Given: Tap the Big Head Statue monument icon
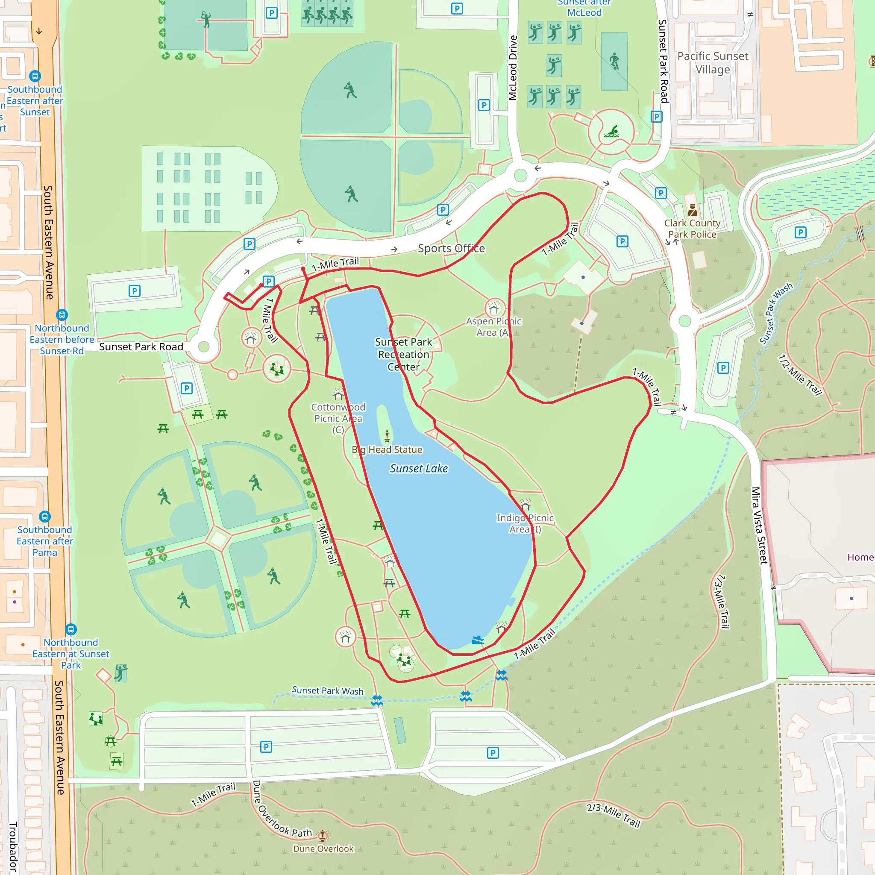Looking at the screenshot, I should click(387, 436).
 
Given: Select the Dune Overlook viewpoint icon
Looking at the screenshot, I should click(323, 835).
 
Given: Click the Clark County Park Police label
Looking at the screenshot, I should click(692, 229).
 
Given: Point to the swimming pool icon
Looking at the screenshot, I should click(611, 132).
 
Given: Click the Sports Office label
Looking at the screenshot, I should click(451, 248).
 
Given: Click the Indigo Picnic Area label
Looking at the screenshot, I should click(525, 523).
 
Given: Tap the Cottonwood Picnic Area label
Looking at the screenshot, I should click(338, 418).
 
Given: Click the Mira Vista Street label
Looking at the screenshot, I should click(760, 525).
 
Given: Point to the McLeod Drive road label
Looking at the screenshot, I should click(512, 68).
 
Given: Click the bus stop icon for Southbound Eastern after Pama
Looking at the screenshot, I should click(45, 516).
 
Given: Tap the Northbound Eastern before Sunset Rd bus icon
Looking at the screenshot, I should click(62, 315).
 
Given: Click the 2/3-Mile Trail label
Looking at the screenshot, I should click(613, 815).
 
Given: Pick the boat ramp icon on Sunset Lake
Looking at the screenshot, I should click(478, 640).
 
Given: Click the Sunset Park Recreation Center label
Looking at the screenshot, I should click(403, 354).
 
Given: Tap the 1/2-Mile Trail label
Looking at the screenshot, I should click(799, 375).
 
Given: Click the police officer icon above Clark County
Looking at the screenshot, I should click(692, 210).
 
